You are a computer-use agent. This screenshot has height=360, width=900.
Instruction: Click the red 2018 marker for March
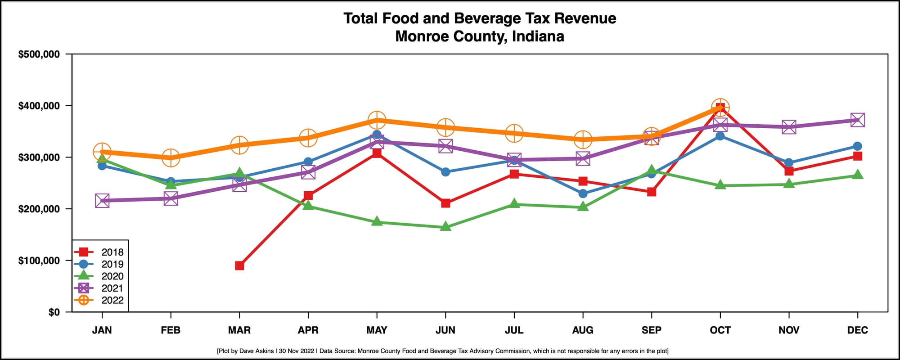(x=239, y=265)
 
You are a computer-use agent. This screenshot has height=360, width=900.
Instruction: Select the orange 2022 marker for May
(x=377, y=120)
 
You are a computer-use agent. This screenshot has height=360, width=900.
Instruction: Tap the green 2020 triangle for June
(x=445, y=227)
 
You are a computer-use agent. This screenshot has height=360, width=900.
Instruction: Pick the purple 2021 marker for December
(x=857, y=120)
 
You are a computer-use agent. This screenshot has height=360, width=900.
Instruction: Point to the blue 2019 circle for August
(x=583, y=193)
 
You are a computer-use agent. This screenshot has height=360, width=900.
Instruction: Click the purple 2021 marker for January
(x=102, y=201)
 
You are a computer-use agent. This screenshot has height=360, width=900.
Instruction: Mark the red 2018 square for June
(x=445, y=203)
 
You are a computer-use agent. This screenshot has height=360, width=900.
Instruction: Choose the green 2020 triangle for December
(x=857, y=175)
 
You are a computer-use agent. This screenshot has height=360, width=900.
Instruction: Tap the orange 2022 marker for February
(x=171, y=157)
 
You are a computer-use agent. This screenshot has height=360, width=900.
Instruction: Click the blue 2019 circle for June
(x=445, y=172)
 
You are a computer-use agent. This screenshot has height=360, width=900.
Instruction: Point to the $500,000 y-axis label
(x=39, y=54)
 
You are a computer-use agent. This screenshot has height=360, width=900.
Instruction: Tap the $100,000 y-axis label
(x=39, y=261)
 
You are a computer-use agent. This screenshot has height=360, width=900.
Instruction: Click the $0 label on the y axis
(x=54, y=312)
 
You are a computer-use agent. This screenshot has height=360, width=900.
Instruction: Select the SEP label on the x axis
(x=651, y=330)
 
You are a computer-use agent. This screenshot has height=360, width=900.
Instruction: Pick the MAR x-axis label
(x=239, y=330)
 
